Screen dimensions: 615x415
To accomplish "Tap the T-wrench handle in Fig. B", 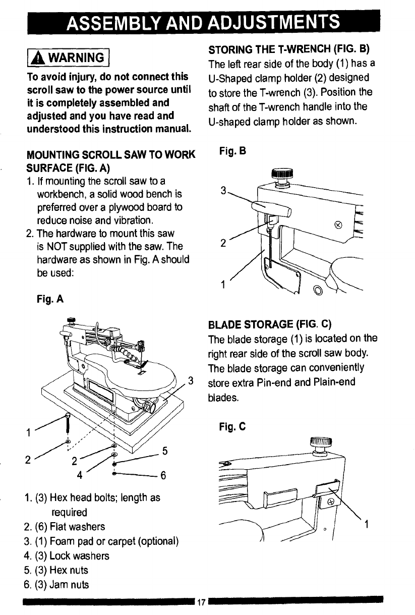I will point(272,207).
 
